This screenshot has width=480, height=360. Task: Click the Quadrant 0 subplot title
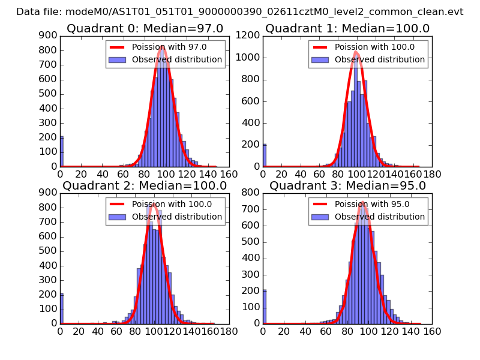[145, 29]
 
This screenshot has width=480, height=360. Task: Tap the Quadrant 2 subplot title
[145, 185]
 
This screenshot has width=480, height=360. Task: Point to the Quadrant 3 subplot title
[347, 185]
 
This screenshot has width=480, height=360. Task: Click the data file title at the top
[239, 11]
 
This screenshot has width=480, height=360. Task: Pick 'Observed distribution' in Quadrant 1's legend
[379, 59]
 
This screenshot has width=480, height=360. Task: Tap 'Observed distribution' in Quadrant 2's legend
[176, 216]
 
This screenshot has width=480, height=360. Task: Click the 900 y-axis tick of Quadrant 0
[48, 35]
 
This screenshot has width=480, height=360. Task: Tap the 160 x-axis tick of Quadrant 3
[432, 331]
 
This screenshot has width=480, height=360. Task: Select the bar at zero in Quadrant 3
[264, 306]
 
